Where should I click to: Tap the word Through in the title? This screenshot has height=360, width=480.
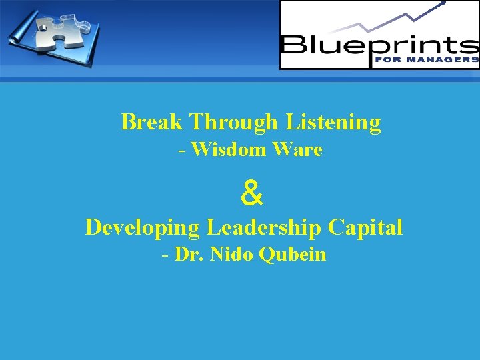[233, 122]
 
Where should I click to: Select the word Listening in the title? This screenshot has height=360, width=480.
[333, 122]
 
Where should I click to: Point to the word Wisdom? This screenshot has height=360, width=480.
[229, 150]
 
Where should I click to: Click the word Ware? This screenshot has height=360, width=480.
[297, 150]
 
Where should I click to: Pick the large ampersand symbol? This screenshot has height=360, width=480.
[251, 194]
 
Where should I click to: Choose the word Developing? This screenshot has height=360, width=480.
[143, 227]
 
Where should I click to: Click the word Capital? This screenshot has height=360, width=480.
[365, 227]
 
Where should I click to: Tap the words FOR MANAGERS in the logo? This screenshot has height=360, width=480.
[437, 59]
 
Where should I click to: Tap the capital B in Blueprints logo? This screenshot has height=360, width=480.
[293, 46]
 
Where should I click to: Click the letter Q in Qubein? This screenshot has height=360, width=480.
[268, 255]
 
